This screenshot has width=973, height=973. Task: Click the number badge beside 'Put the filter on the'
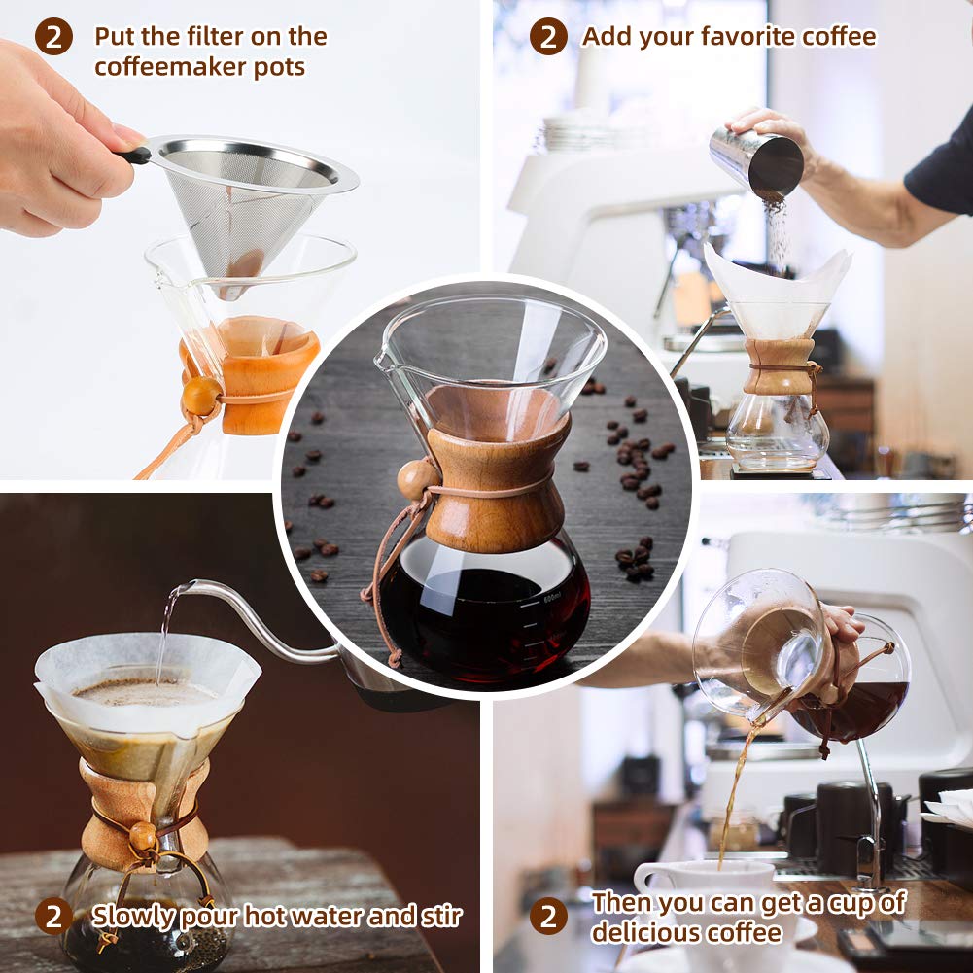53,38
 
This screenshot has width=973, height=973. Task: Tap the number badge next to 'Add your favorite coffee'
548,38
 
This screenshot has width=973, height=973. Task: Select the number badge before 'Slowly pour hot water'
53,916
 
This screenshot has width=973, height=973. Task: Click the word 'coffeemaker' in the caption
159,68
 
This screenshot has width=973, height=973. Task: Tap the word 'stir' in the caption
439,916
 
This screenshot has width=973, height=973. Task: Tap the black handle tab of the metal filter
133,155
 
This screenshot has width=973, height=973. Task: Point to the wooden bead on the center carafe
417,478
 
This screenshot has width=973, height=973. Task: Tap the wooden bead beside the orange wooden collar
201,396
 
